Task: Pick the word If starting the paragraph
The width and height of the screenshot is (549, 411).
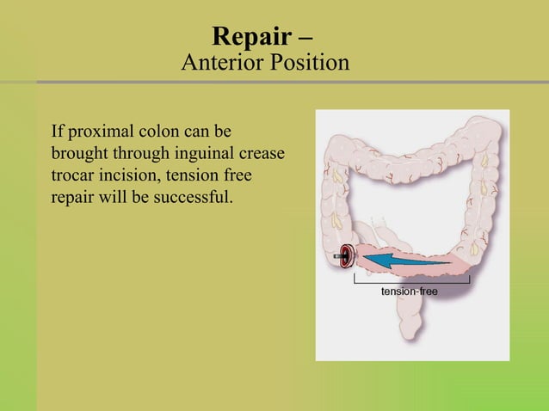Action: click(x=58, y=133)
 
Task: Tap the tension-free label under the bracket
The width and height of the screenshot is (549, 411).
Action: click(x=409, y=292)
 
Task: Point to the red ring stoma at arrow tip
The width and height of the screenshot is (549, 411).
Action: click(x=346, y=255)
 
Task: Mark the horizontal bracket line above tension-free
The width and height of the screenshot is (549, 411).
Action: click(x=411, y=281)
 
